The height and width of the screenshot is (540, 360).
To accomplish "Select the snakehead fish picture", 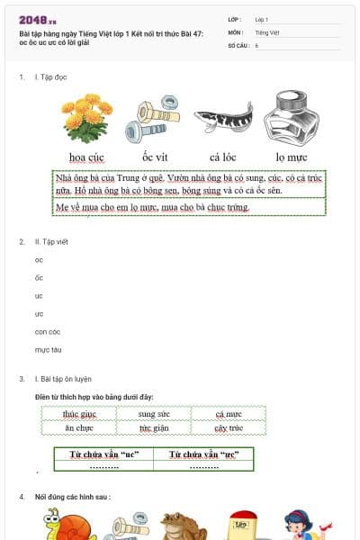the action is coord(221,117).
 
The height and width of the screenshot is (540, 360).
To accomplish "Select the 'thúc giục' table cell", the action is coord(78,414).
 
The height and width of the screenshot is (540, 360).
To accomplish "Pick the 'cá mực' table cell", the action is coord(229,414).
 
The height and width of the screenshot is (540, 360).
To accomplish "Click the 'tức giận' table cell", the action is coord(153,428).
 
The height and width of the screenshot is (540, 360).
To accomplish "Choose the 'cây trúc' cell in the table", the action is coord(229,428).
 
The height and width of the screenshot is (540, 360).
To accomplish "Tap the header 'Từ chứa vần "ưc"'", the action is coord(203,454).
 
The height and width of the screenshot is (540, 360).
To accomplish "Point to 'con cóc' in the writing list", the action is coord(48,331).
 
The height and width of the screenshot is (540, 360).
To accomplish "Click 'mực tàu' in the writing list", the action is coord(48,349).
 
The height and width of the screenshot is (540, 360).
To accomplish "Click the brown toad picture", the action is coord(176,526).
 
